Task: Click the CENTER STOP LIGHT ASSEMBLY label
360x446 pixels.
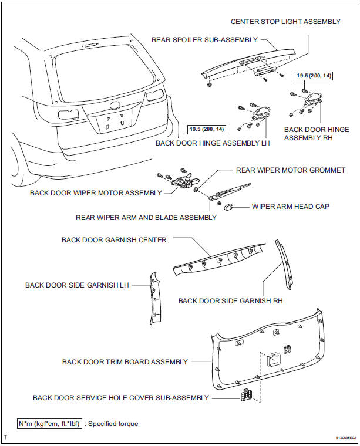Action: (x=285, y=22)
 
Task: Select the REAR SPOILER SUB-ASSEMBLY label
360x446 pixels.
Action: (x=205, y=40)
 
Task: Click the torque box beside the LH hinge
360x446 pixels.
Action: (x=210, y=129)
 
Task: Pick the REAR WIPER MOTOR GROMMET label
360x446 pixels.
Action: (x=290, y=170)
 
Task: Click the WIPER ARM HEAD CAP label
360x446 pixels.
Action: (x=291, y=207)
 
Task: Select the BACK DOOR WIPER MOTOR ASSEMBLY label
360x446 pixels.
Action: (x=97, y=192)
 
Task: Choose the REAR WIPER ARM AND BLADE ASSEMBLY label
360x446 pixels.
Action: (x=146, y=217)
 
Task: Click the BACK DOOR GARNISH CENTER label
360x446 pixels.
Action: (x=114, y=239)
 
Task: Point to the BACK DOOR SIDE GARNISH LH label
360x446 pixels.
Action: (x=77, y=285)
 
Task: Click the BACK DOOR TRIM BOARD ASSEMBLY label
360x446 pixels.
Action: (x=125, y=362)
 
